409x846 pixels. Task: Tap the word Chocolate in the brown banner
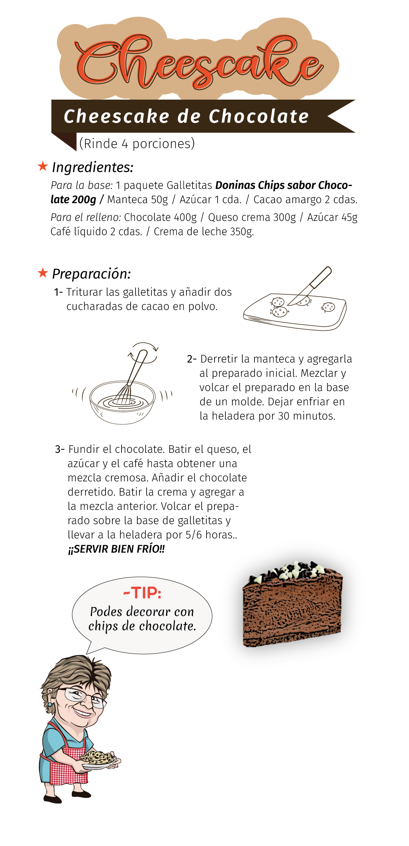[x=259, y=116]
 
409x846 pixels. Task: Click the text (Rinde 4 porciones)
[x=137, y=144]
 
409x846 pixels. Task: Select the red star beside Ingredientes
[x=43, y=166]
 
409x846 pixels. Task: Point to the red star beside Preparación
[x=43, y=273]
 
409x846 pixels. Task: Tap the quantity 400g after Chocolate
[x=185, y=217]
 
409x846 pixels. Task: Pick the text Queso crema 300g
[x=252, y=217]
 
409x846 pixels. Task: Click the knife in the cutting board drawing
[x=310, y=285]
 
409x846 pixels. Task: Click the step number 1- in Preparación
[x=58, y=292]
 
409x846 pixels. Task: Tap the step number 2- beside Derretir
[x=192, y=359]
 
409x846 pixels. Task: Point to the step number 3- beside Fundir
[x=60, y=449]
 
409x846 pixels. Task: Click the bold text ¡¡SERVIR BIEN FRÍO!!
[x=116, y=549]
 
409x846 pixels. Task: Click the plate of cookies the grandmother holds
[x=98, y=760]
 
